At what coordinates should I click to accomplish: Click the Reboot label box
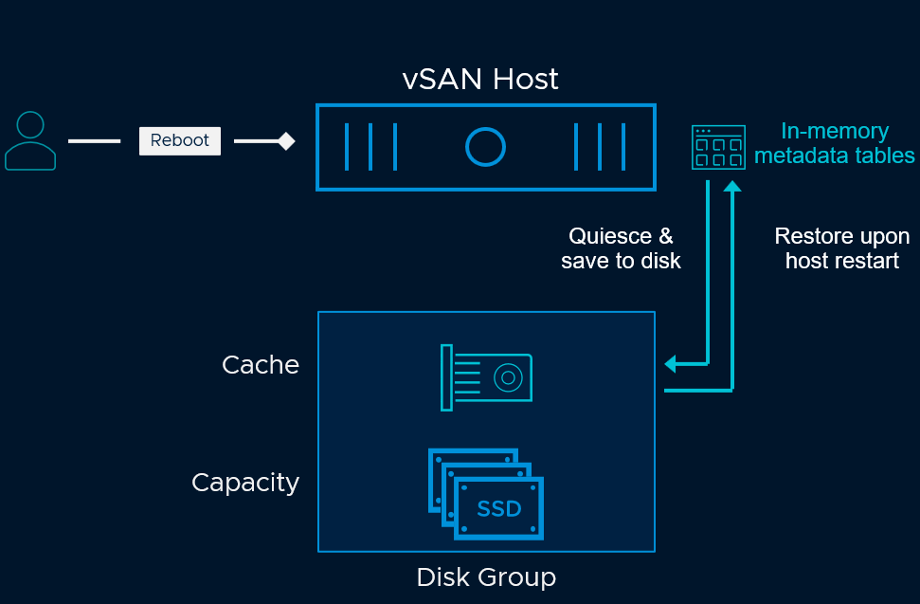[x=180, y=140]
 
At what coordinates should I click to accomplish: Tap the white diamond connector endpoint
[x=285, y=141]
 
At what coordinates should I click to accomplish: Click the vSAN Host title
[x=480, y=79]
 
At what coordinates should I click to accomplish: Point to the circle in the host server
[x=485, y=146]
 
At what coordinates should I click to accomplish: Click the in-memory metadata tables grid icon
[x=717, y=146]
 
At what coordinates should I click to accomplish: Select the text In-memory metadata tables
[x=835, y=143]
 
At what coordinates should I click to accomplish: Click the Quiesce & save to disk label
[x=621, y=248]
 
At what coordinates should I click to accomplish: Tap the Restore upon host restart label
[x=841, y=248]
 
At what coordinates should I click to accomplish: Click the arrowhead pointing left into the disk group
[x=670, y=363]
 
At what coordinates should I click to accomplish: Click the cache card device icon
[x=486, y=377]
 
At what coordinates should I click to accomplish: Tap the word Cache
[x=261, y=365]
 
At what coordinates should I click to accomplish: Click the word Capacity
[x=245, y=483]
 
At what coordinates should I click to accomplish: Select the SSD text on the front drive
[x=499, y=509]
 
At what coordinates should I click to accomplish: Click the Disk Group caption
[x=486, y=577]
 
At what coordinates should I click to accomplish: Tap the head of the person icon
[x=30, y=125]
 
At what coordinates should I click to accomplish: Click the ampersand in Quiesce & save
[x=665, y=236]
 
